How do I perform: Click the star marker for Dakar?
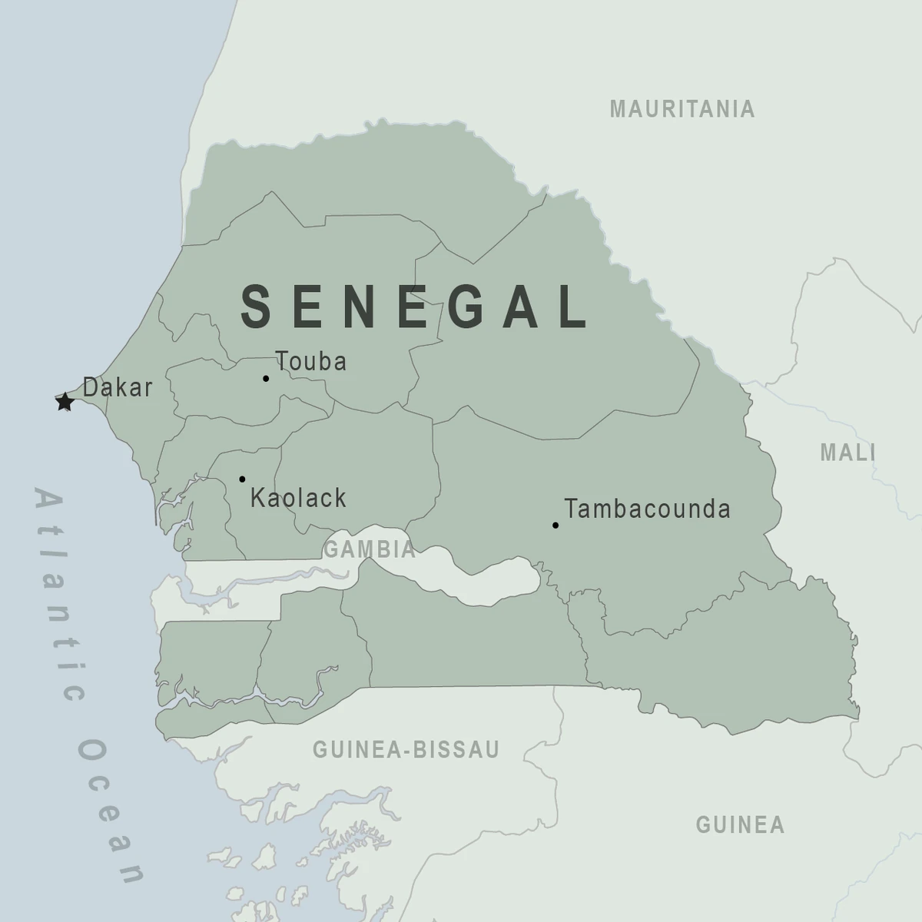(x=65, y=401)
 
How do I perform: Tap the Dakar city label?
(x=118, y=387)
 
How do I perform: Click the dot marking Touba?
(x=266, y=378)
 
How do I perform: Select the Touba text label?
(x=311, y=361)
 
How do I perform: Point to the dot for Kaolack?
(x=242, y=479)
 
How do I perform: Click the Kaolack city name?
(x=298, y=498)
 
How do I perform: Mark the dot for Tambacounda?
(x=555, y=526)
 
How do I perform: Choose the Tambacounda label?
(x=647, y=509)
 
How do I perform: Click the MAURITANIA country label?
(x=682, y=109)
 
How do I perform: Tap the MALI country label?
(x=847, y=453)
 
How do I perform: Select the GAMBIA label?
(x=370, y=549)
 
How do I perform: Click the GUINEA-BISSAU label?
(x=406, y=749)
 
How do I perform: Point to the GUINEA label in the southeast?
(x=740, y=825)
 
